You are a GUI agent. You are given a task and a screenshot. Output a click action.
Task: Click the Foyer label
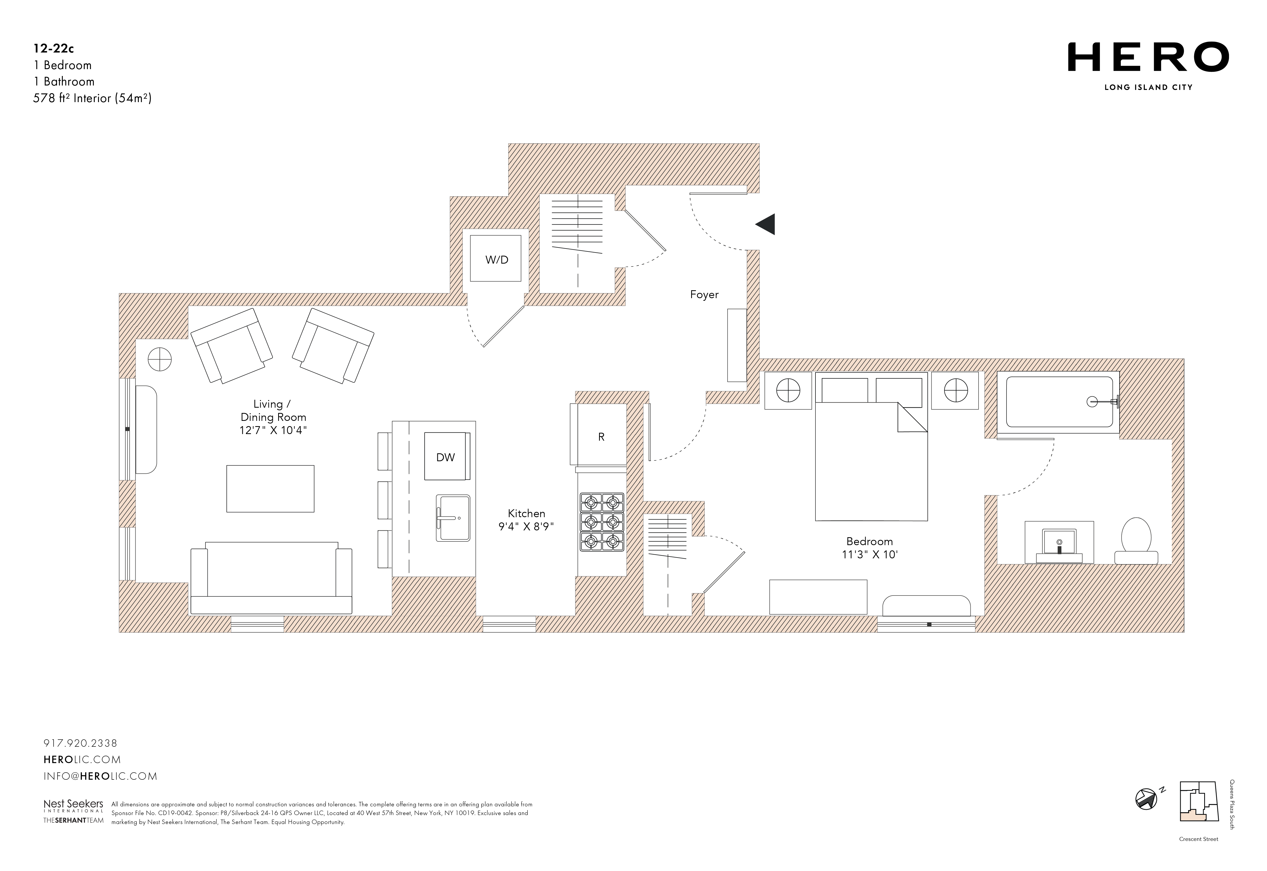[704, 295]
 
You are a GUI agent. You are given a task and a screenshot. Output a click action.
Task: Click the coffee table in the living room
[270, 488]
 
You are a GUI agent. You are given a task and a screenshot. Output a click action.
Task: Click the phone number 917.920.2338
[80, 743]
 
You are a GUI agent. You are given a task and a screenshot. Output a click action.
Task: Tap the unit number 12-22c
[54, 49]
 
